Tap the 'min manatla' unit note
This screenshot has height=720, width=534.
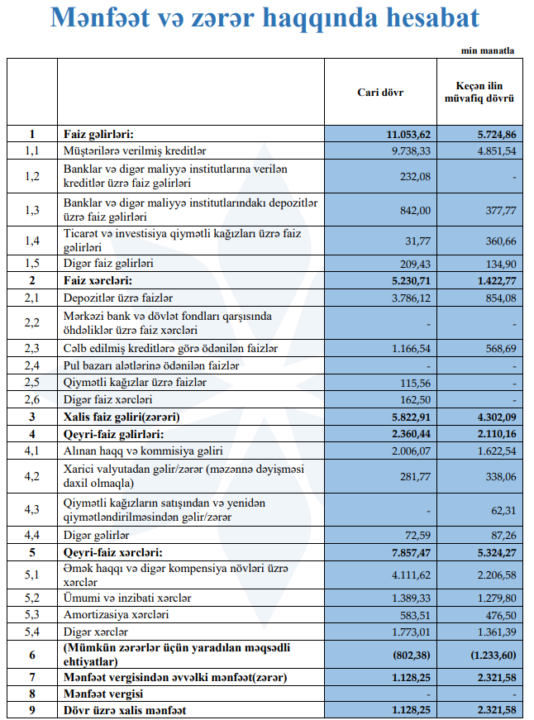tap(488, 50)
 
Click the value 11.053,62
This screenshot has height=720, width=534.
tap(408, 134)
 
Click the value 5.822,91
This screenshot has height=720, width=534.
tap(409, 417)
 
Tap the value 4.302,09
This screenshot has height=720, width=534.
tap(494, 417)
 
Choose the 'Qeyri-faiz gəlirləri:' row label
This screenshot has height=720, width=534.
tap(113, 434)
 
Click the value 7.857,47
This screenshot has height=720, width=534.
tap(409, 551)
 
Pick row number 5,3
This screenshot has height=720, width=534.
tap(32, 615)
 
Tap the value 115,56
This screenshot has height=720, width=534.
tap(416, 383)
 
